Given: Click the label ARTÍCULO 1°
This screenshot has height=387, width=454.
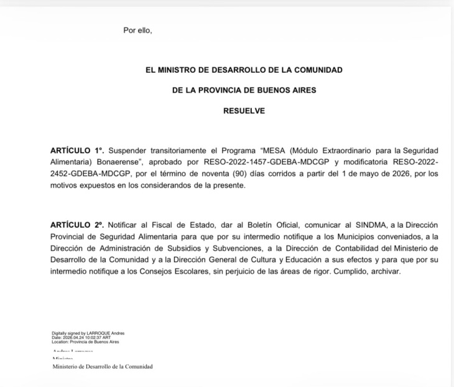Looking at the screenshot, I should tap(76, 151).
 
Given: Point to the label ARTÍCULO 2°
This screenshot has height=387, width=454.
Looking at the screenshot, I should tap(76, 223).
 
